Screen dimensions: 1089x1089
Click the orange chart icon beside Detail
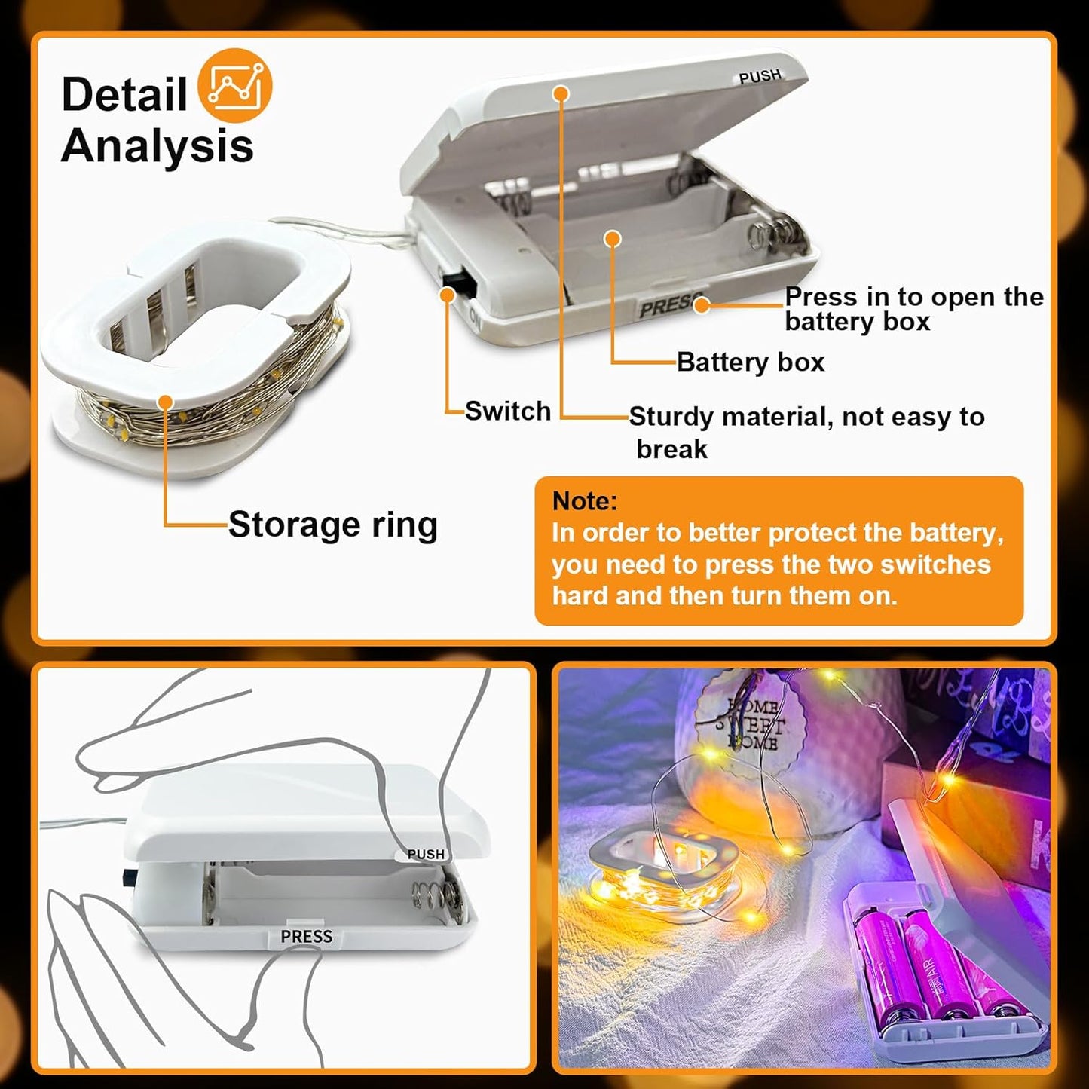(x=234, y=86)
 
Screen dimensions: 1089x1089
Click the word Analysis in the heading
(x=157, y=145)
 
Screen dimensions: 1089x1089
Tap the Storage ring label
(x=332, y=525)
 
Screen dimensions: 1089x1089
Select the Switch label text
(x=507, y=411)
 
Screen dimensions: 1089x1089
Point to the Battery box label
(x=750, y=362)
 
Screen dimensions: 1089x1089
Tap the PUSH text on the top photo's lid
(x=759, y=77)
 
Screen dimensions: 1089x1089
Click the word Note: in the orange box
(x=584, y=501)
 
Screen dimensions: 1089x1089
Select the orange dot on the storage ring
(x=166, y=402)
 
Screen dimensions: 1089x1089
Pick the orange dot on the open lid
(x=560, y=93)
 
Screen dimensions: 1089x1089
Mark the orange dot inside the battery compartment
(x=613, y=239)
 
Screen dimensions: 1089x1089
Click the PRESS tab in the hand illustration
(x=306, y=936)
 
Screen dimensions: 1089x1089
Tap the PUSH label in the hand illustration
(x=426, y=854)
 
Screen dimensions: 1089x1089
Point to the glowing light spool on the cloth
(x=663, y=874)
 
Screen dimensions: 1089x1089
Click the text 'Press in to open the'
(x=913, y=297)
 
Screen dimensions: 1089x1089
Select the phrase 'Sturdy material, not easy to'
(x=806, y=417)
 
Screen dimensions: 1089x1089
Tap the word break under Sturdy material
(x=671, y=449)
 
